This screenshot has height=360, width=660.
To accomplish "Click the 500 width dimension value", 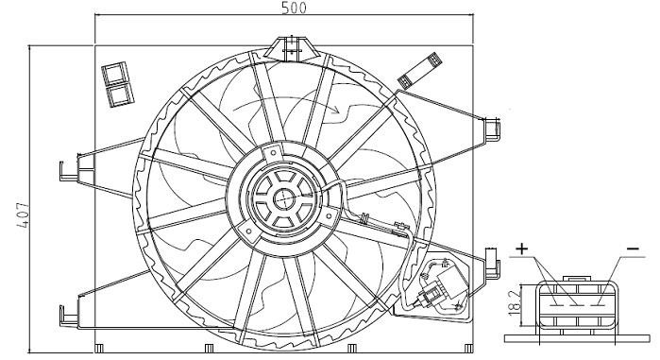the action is pos(295,8).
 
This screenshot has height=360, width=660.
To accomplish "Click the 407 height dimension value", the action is pos(24,216).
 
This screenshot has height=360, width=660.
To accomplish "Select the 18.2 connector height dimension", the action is pos(514,304).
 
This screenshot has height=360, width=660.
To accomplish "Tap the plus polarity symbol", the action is pos(521,249).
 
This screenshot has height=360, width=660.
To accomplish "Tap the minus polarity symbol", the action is pos(633,249).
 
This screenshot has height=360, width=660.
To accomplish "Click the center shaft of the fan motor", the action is pos(284,198).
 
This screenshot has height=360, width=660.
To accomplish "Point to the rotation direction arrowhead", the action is pos(334,111).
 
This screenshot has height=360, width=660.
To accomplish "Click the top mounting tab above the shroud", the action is pos(291,47).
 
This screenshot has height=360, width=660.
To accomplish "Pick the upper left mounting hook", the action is pos(69,170).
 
